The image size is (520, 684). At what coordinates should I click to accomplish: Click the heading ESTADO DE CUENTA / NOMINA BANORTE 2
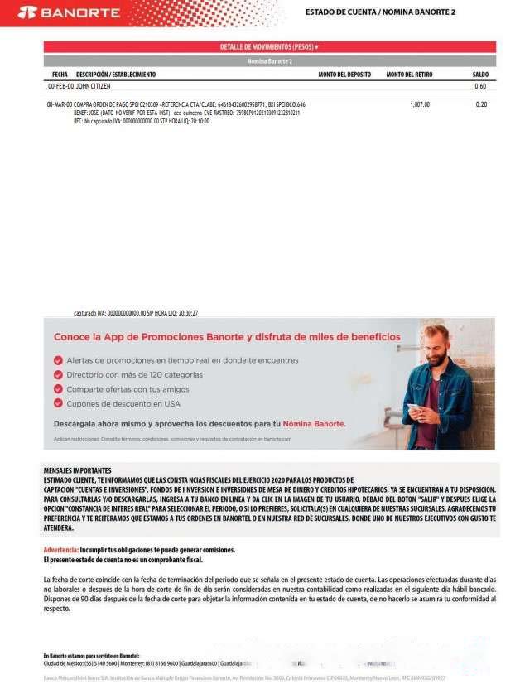[380, 12]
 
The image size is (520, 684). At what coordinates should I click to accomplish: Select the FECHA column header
[60, 75]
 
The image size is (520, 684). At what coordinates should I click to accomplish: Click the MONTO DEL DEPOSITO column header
[344, 75]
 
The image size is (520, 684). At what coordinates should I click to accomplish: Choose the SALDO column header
[480, 75]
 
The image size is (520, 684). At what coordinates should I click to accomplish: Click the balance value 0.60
[480, 86]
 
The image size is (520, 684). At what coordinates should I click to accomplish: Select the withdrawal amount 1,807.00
[420, 104]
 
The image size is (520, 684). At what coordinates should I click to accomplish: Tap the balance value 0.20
[481, 104]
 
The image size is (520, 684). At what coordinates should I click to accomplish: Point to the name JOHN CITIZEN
[94, 86]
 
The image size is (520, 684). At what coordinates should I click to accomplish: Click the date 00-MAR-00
[60, 104]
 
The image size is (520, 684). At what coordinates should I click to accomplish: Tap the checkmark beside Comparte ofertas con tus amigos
[58, 388]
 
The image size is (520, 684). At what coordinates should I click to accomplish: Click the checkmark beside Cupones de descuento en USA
[58, 403]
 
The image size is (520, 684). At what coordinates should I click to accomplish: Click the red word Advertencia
[60, 550]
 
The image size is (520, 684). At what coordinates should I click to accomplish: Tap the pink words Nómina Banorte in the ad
[314, 423]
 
